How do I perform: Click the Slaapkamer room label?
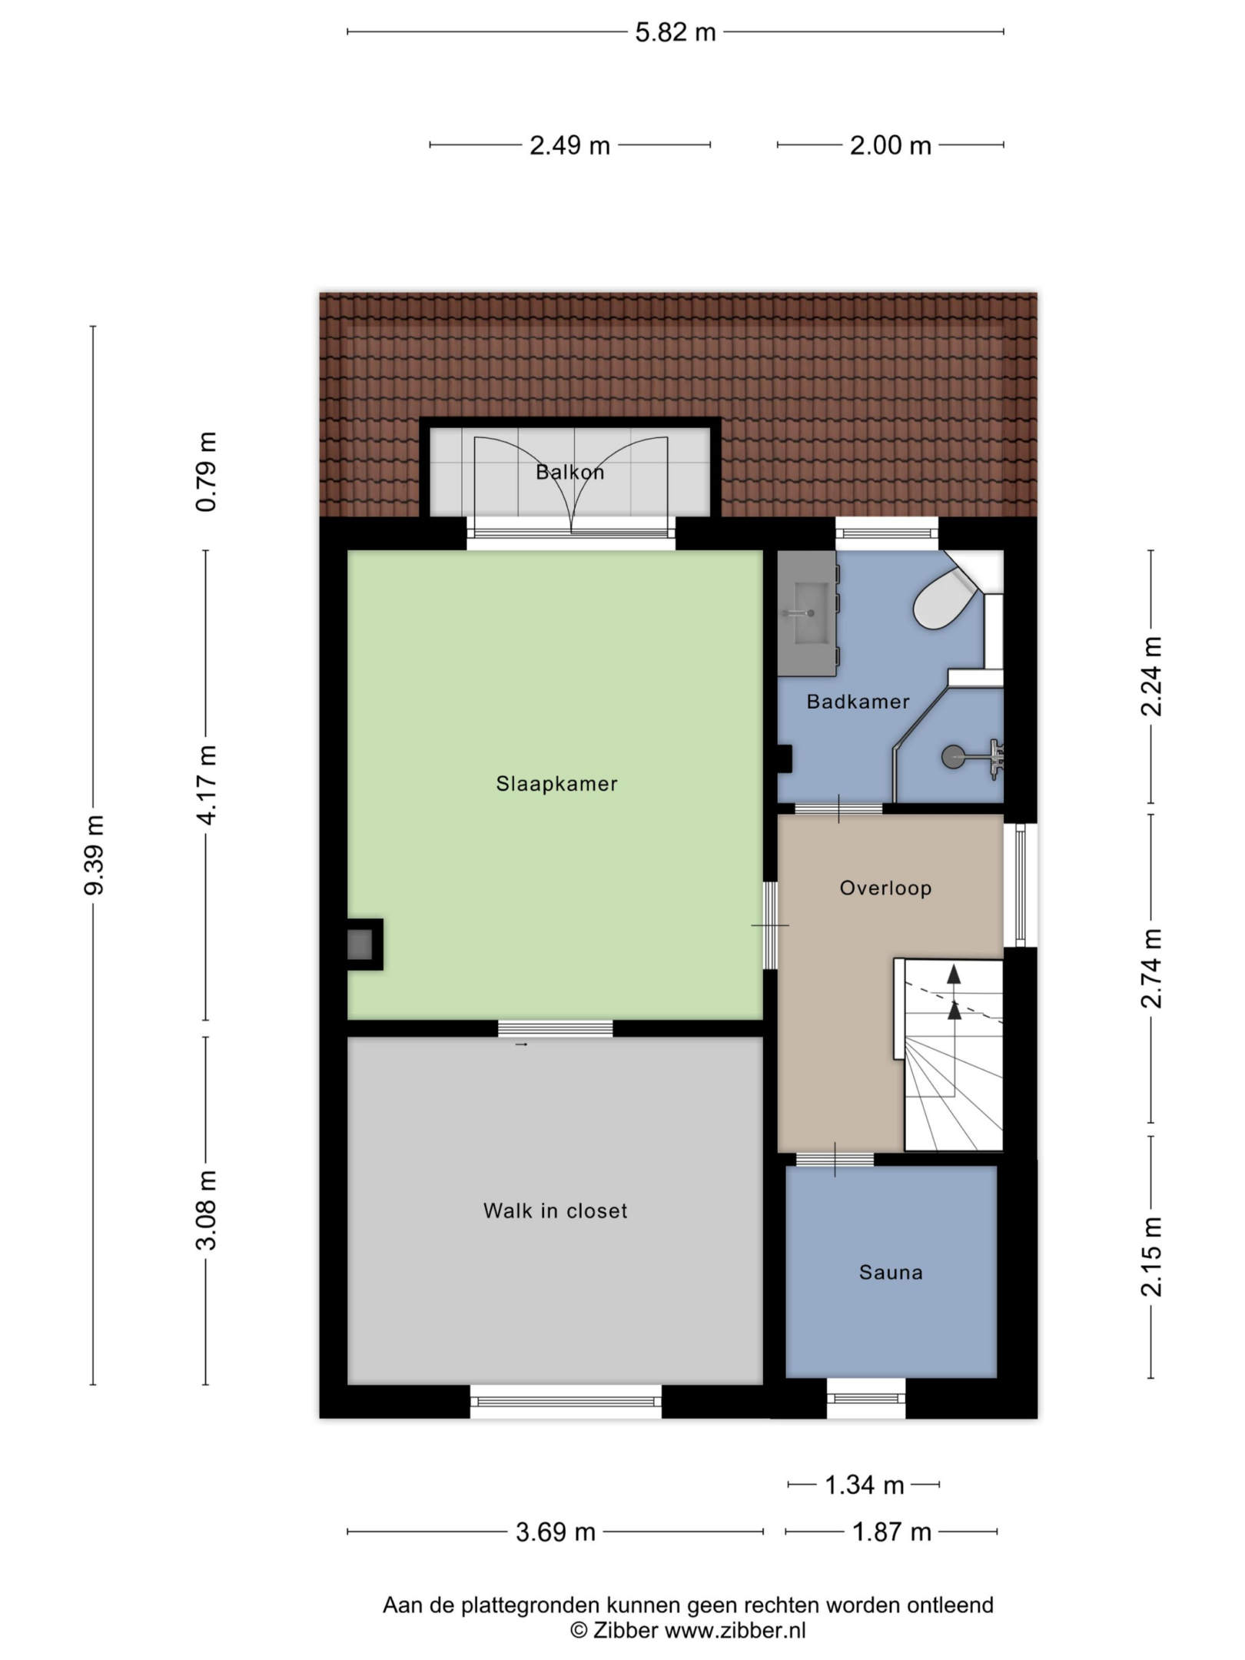pyautogui.click(x=556, y=784)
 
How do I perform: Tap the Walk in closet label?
pyautogui.click(x=555, y=1211)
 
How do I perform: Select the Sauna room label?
pyautogui.click(x=891, y=1273)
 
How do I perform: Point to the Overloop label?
pyautogui.click(x=885, y=888)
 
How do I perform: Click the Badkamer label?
pyautogui.click(x=858, y=702)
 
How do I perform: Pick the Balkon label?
pyautogui.click(x=569, y=472)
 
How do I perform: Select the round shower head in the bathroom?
pyautogui.click(x=953, y=757)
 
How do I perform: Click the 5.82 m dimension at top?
pyautogui.click(x=676, y=32)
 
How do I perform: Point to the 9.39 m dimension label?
pyautogui.click(x=95, y=855)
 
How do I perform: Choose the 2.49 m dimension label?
pyautogui.click(x=569, y=145)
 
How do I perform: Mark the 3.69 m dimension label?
pyautogui.click(x=556, y=1532)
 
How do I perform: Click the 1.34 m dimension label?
pyautogui.click(x=864, y=1485)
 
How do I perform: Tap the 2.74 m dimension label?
pyautogui.click(x=1151, y=968)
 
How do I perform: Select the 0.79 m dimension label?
pyautogui.click(x=207, y=471)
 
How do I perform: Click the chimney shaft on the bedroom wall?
pyautogui.click(x=360, y=944)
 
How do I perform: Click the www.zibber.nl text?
pyautogui.click(x=735, y=1630)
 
